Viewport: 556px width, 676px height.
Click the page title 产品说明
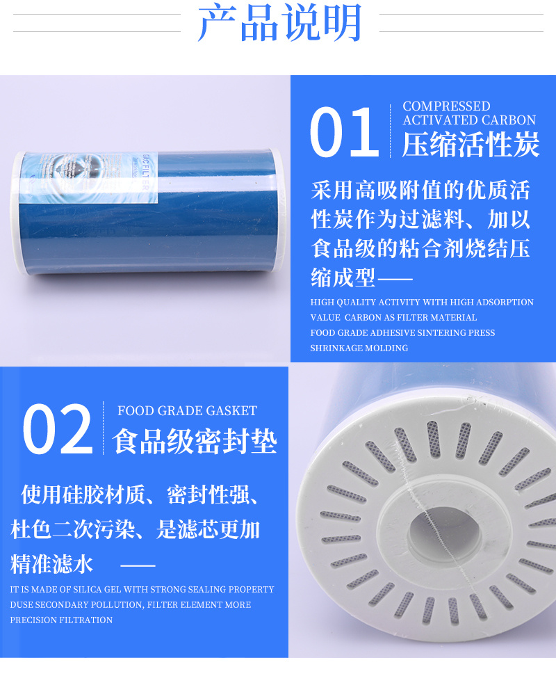tap(279, 22)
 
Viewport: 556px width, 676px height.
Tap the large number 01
tap(344, 132)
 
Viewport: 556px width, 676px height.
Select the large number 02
tap(58, 429)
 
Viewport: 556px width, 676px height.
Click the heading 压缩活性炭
tap(471, 145)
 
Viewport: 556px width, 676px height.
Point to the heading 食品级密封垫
tap(194, 441)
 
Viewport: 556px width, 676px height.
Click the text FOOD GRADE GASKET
tap(188, 411)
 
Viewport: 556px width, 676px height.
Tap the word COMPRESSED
tap(446, 106)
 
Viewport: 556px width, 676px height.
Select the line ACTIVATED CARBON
tap(469, 120)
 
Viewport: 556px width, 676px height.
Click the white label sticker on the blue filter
tap(89, 179)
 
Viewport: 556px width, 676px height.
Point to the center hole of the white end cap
tap(443, 534)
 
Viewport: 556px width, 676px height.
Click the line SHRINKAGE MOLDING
tap(359, 348)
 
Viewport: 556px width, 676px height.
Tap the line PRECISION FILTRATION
tap(61, 620)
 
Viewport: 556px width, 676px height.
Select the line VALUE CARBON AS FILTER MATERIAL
tap(393, 317)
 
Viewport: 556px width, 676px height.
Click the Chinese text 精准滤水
tap(51, 564)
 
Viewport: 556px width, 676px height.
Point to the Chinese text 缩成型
tap(343, 277)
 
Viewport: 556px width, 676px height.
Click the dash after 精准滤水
tap(138, 565)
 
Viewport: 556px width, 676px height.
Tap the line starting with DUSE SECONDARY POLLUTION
tap(131, 604)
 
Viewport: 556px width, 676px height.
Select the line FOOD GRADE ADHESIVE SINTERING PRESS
tap(402, 333)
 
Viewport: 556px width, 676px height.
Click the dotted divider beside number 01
tap(390, 131)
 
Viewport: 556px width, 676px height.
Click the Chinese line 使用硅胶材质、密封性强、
tap(140, 494)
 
